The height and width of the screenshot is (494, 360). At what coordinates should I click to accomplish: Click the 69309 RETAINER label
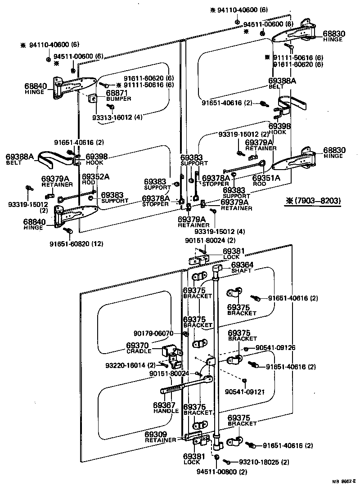[161, 437]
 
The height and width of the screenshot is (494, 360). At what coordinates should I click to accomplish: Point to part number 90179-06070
[153, 333]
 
